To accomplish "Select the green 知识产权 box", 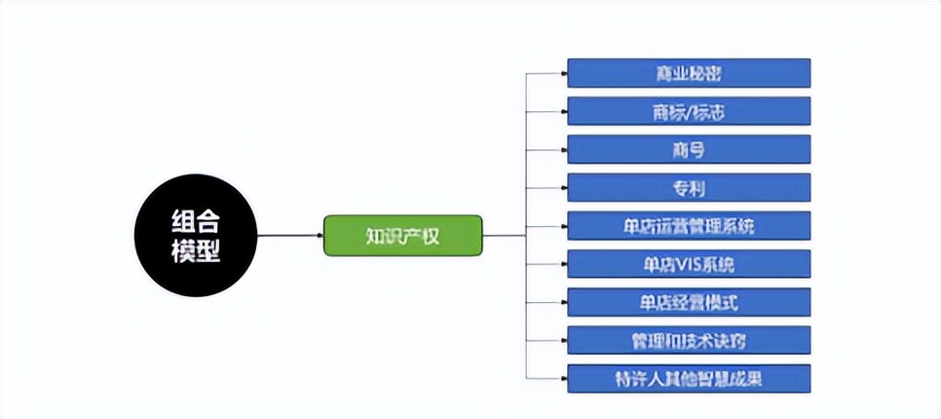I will pyautogui.click(x=402, y=236).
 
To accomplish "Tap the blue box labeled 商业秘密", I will pyautogui.click(x=689, y=73).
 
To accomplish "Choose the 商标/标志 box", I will pyautogui.click(x=689, y=111).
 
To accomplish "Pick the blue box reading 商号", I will pyautogui.click(x=689, y=149).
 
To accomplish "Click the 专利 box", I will pyautogui.click(x=689, y=187).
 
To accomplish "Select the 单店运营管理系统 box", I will pyautogui.click(x=689, y=225).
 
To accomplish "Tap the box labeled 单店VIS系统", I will pyautogui.click(x=689, y=263).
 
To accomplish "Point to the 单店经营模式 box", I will pyautogui.click(x=689, y=301).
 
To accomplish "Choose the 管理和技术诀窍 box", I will pyautogui.click(x=689, y=340).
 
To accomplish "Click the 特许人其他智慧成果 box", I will pyautogui.click(x=689, y=377).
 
